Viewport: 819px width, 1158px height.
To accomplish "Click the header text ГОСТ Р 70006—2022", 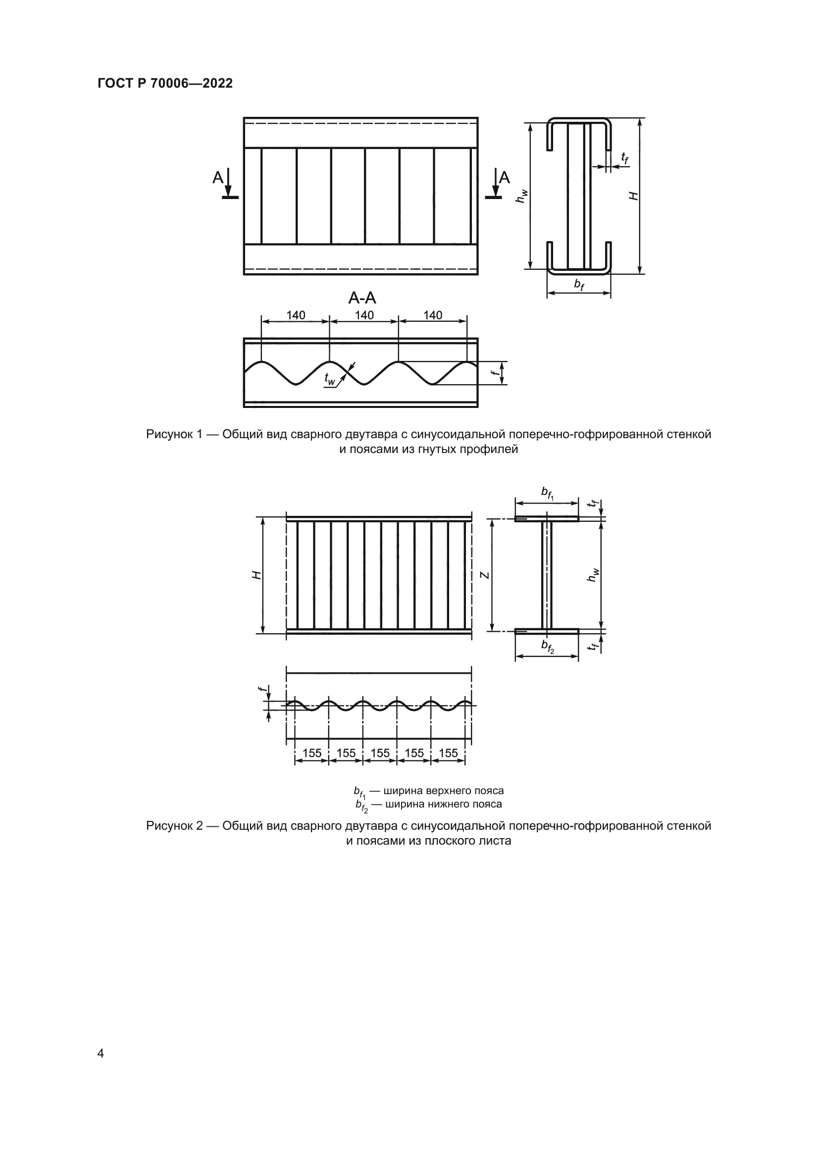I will tap(165, 84).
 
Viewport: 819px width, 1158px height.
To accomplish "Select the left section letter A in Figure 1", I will tap(217, 178).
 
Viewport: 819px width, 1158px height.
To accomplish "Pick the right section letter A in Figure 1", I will tap(504, 178).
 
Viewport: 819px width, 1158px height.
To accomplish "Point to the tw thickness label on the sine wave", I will tap(329, 379).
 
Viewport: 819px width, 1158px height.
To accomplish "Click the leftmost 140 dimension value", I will tap(296, 315).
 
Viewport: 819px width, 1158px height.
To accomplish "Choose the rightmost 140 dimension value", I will tap(433, 315).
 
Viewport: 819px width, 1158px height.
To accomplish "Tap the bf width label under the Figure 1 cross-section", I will tap(579, 285).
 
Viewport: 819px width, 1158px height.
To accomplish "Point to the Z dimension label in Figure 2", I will tap(484, 575).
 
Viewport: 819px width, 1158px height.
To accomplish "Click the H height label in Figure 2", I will tap(256, 575).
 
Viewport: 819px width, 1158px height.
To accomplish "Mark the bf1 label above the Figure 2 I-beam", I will tap(547, 492).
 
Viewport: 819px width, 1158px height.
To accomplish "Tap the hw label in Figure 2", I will tap(593, 575).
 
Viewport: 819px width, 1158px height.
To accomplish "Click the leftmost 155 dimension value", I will tap(311, 753).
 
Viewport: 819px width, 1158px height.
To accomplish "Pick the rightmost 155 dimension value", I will tap(448, 753).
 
